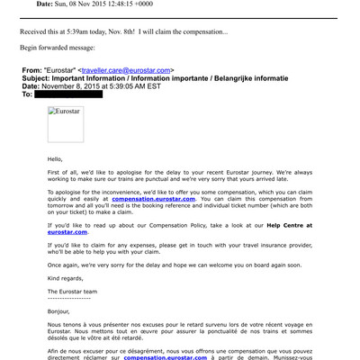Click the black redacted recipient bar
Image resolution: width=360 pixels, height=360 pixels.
[x=68, y=94]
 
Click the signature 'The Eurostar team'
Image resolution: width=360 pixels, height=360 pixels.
[x=79, y=292]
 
